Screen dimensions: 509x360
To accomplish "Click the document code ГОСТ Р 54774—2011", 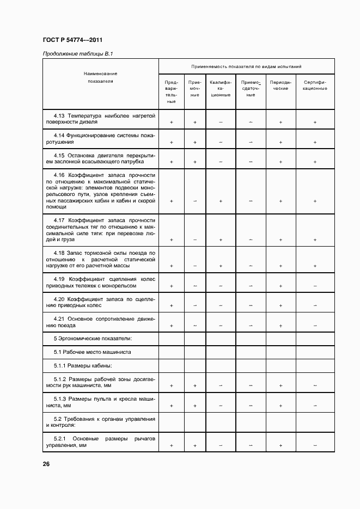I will [72, 40].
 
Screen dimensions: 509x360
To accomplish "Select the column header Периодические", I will [280, 86].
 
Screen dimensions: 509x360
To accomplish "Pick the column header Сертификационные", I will [315, 86].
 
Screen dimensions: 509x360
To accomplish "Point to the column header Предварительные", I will [171, 92].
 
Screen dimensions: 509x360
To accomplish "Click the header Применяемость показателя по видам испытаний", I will [246, 66].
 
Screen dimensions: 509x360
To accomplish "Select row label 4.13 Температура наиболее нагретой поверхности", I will [101, 119].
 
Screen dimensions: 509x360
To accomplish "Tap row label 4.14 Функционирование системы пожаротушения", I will [101, 138].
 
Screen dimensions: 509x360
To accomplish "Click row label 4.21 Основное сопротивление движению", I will [101, 322].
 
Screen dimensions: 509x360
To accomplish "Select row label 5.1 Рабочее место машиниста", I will [92, 352].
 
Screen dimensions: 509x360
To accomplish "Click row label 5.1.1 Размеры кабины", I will [82, 365].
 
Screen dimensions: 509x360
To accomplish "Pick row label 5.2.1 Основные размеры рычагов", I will [101, 441].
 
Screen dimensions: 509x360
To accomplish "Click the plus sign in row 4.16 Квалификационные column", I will [221, 201].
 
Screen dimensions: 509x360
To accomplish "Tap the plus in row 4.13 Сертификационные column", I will [315, 122].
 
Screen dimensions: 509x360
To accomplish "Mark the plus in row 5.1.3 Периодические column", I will [280, 406].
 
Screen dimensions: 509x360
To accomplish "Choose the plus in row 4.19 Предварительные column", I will [172, 286].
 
